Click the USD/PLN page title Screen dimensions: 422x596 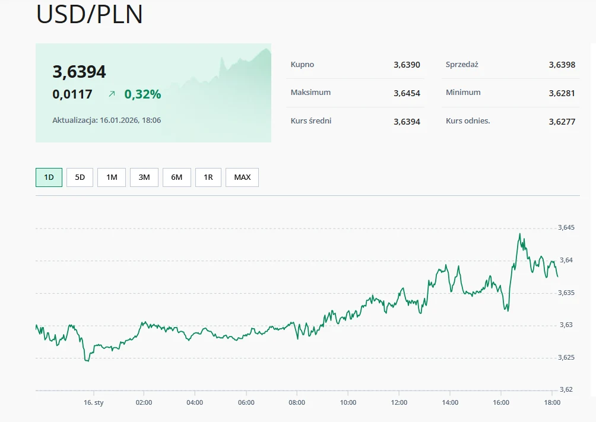click(x=90, y=15)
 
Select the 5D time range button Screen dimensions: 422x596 click(x=80, y=177)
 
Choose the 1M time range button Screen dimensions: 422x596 click(x=112, y=177)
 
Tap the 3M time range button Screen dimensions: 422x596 click(x=144, y=177)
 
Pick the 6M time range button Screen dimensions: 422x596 click(x=177, y=177)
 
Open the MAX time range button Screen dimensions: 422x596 click(x=242, y=177)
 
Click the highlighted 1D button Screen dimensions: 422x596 click(x=49, y=177)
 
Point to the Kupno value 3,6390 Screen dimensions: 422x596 click(x=407, y=65)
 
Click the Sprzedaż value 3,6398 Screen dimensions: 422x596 click(x=562, y=65)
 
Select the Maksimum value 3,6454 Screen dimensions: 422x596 click(x=407, y=93)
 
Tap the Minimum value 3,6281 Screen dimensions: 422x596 click(x=562, y=93)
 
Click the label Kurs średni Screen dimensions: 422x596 click(x=311, y=121)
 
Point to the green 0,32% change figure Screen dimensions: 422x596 click(x=142, y=94)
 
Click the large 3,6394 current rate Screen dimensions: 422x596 click(x=80, y=72)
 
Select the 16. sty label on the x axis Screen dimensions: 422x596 click(x=94, y=402)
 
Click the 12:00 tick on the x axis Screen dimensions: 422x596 click(x=399, y=402)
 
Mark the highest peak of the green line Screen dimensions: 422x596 click(x=520, y=234)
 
